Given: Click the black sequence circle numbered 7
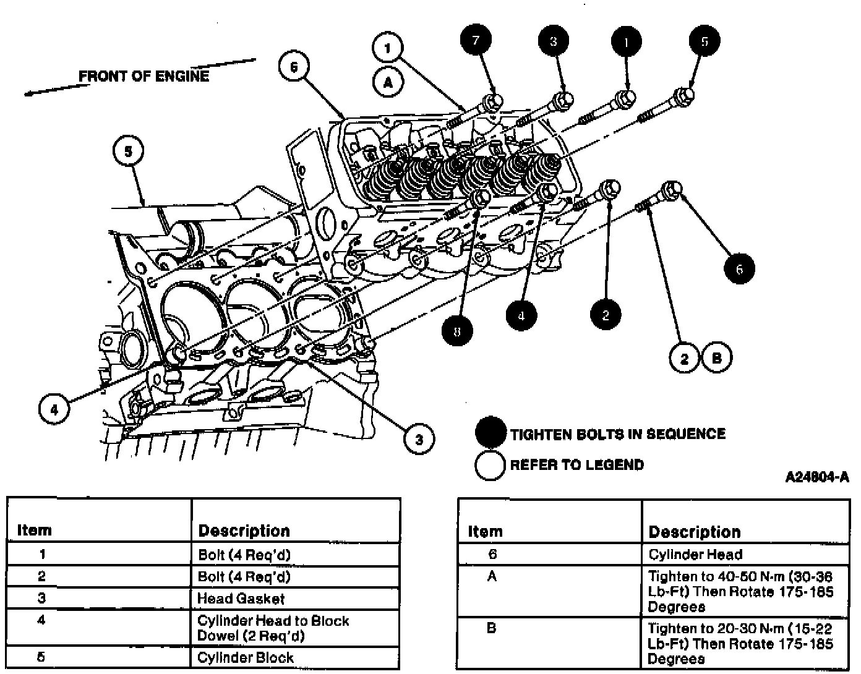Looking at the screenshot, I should [476, 41].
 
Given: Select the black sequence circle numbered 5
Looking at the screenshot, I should [705, 41].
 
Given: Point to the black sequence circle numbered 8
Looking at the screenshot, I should [457, 331].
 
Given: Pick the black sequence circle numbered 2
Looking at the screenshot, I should [606, 314].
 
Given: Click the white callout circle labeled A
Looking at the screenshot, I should [388, 82].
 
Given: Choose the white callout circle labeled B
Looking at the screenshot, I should [717, 357].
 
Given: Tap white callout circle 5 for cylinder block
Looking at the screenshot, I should [128, 151].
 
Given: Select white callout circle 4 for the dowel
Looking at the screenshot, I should [54, 409].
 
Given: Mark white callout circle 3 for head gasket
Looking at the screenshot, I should [419, 440].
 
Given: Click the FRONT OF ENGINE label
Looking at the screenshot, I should [143, 76].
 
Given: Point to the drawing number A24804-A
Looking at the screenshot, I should [817, 477].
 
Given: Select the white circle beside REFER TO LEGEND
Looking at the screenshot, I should [490, 465].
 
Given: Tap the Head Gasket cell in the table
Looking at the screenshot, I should [241, 599].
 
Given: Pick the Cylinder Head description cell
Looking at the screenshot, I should [695, 555].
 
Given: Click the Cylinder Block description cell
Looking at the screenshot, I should [246, 657].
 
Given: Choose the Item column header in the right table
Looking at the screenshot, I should [486, 532].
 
